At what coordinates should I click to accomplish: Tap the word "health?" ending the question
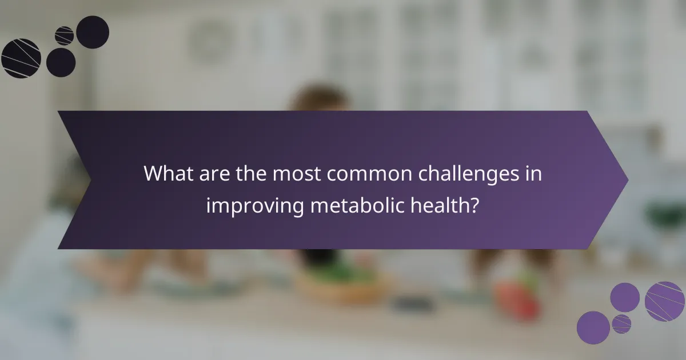[x=448, y=205]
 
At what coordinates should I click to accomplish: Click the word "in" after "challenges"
[x=534, y=173]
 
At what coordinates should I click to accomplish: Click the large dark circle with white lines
[x=21, y=58]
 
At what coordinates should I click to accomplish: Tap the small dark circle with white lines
[x=64, y=35]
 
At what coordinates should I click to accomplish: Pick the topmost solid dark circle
[x=93, y=32]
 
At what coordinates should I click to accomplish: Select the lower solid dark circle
[x=61, y=62]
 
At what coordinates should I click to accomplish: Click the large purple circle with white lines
[x=665, y=301]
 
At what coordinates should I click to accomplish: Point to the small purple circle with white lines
[x=621, y=323]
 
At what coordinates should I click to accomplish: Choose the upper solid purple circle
[x=625, y=297]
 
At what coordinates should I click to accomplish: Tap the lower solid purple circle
[x=593, y=327]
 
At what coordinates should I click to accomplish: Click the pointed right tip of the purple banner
[x=627, y=180]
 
